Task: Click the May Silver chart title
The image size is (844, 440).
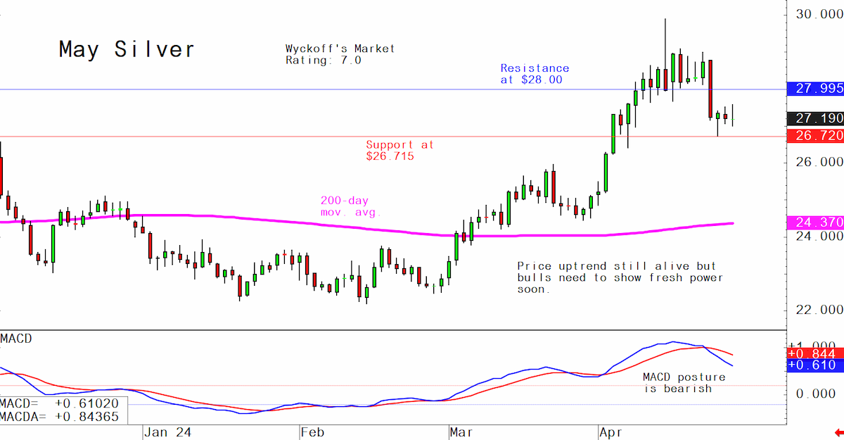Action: [x=127, y=49]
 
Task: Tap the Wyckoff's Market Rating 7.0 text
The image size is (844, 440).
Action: [x=340, y=54]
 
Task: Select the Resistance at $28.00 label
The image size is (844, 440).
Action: [x=535, y=74]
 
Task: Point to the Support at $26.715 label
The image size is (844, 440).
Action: [x=399, y=151]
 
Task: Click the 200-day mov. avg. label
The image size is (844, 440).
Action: [x=351, y=206]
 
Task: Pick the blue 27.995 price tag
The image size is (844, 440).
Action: [x=815, y=89]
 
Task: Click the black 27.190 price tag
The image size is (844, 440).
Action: [x=815, y=118]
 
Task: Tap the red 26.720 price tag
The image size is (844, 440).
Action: [x=815, y=135]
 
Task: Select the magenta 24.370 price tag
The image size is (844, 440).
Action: [x=815, y=222]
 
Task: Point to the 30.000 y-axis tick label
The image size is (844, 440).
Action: [x=819, y=14]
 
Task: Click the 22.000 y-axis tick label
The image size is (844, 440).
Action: [x=819, y=310]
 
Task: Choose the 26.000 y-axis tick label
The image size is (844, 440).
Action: [x=819, y=162]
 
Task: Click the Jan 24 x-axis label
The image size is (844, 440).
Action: [x=167, y=432]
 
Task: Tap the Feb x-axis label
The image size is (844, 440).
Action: [x=312, y=432]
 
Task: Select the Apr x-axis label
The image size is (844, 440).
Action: [x=610, y=432]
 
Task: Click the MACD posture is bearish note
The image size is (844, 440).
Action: [x=684, y=383]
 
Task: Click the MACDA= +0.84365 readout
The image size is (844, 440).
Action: [x=59, y=417]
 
